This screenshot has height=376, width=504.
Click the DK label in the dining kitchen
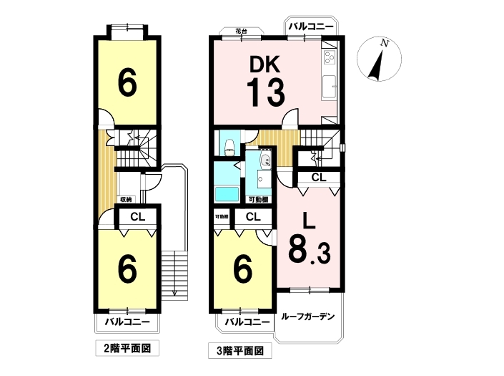click(265, 64)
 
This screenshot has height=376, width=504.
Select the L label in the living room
click(310, 221)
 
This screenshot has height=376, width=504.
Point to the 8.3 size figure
click(310, 249)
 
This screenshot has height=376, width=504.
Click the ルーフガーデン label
click(308, 317)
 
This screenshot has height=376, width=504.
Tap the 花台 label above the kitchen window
click(242, 32)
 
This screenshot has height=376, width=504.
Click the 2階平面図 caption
click(127, 348)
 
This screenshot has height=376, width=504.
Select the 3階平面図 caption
click(240, 350)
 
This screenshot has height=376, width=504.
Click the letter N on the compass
click(383, 43)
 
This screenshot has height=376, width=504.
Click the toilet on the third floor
click(229, 147)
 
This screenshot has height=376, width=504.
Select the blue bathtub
click(227, 194)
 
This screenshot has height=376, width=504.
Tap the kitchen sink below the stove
click(329, 86)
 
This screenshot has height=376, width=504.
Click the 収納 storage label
click(126, 200)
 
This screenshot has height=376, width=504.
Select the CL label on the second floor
click(138, 217)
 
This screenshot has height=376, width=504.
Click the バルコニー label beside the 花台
click(311, 26)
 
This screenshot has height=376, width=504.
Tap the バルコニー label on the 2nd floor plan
click(127, 322)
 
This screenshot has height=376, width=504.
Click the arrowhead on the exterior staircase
click(175, 293)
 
